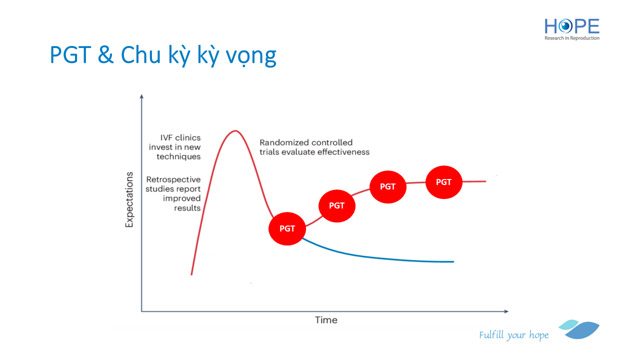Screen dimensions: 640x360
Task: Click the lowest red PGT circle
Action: [287, 228]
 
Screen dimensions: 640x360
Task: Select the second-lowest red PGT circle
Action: [337, 205]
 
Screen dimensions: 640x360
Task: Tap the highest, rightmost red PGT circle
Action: [443, 182]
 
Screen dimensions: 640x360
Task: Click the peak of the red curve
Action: [235, 131]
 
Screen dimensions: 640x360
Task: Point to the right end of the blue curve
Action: [453, 261]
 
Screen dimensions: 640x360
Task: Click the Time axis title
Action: [326, 320]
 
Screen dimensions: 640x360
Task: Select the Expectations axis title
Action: [129, 199]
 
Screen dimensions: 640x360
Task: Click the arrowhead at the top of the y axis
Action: [141, 96]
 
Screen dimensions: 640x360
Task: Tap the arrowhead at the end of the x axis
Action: [506, 311]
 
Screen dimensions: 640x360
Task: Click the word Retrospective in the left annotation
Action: [173, 179]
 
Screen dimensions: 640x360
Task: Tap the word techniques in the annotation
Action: [178, 156]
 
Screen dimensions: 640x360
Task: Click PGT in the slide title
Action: [70, 55]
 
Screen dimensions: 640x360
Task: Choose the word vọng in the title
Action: [251, 56]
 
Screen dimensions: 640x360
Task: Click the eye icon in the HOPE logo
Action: [565, 26]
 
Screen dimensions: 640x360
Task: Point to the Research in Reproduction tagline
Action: [571, 38]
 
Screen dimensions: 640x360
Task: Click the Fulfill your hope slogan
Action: [513, 335]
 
